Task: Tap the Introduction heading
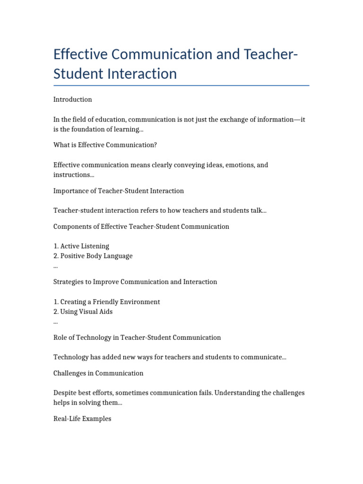pos(72,99)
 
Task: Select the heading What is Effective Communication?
pos(105,145)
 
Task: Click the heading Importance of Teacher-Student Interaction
pos(119,191)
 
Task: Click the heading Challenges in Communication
pos(98,373)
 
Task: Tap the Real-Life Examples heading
pos(82,419)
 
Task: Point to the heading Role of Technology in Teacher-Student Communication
pos(137,337)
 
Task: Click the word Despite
pos(65,393)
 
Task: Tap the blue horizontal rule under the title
pos(181,86)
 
